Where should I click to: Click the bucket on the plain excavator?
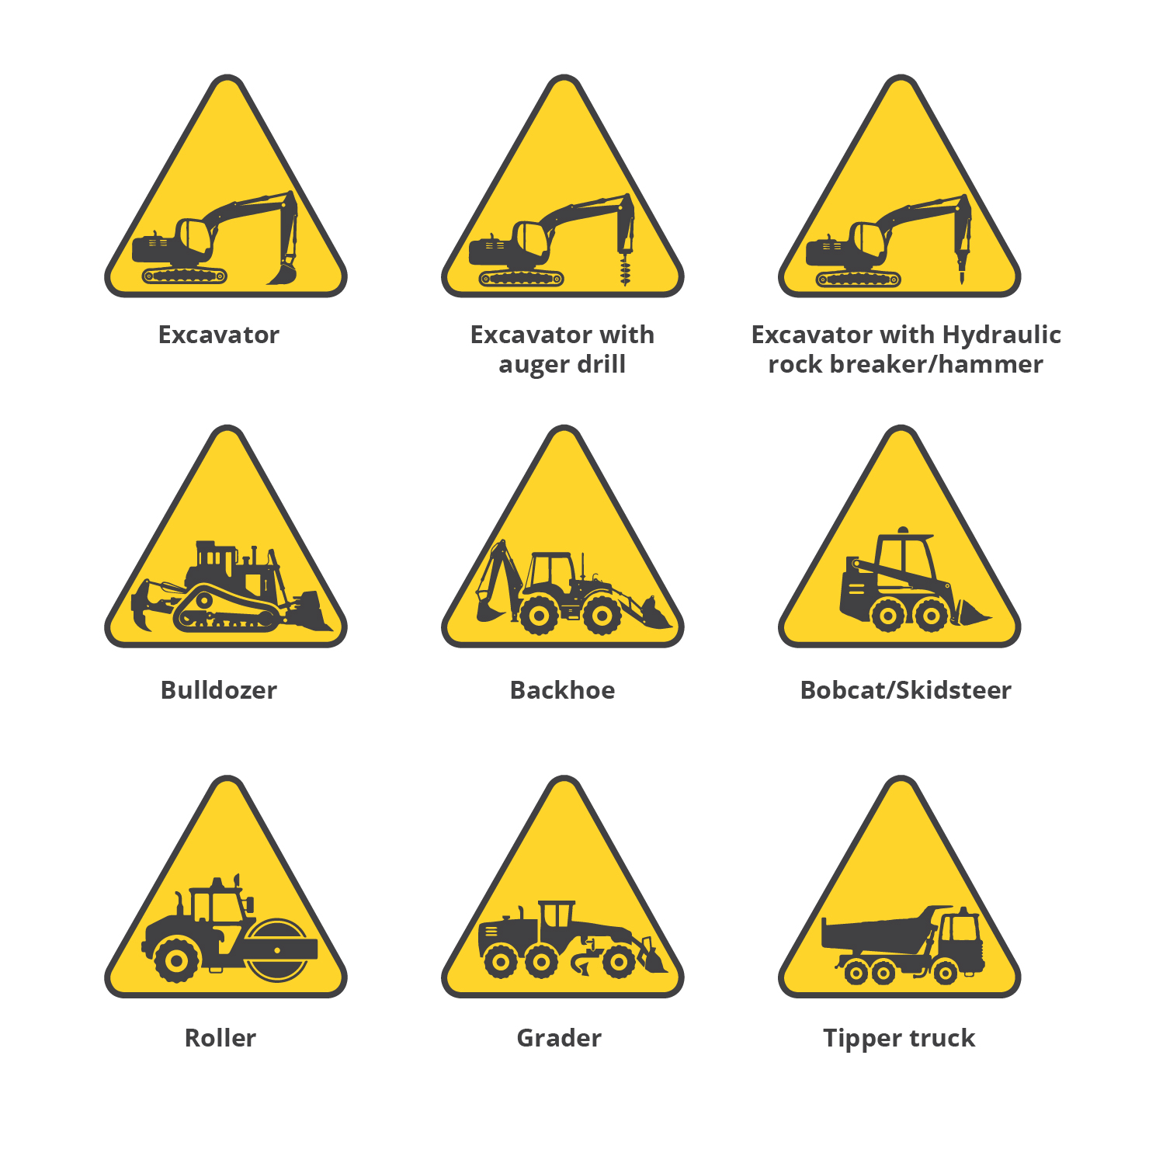[283, 272]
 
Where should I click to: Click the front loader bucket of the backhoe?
[653, 613]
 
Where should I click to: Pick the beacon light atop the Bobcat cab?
[902, 531]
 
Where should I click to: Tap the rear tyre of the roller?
[177, 960]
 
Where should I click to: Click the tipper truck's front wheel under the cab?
[945, 971]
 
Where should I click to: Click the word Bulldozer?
[219, 690]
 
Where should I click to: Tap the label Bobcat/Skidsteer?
[906, 690]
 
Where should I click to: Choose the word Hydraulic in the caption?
[1001, 335]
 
